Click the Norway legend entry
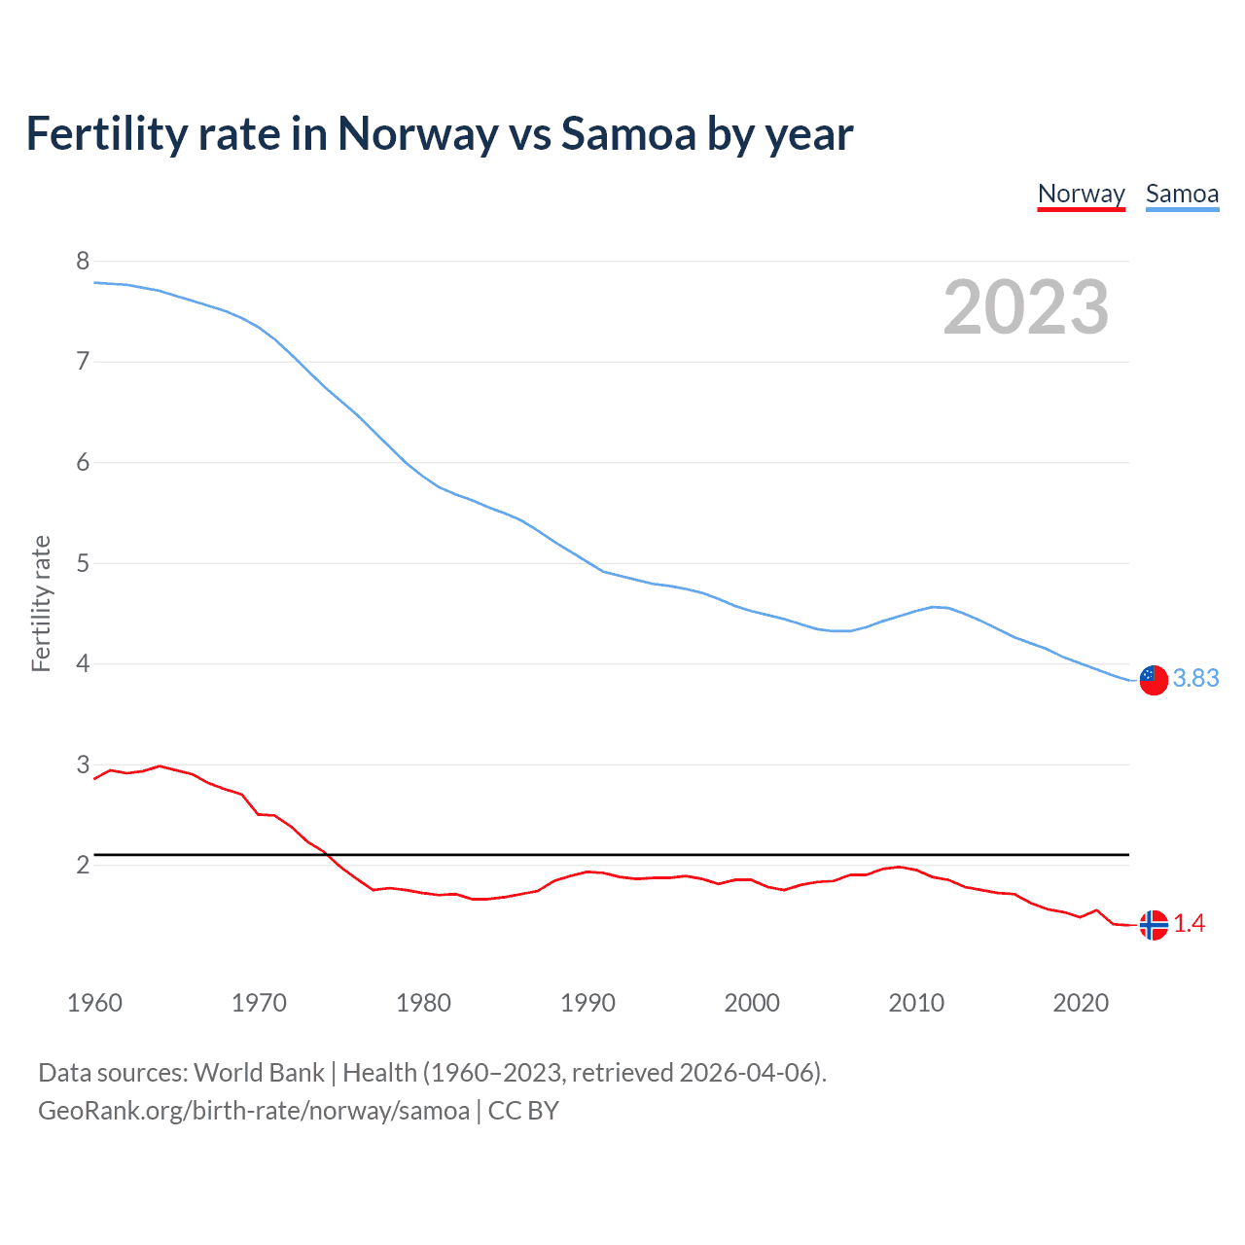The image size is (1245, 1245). click(x=1081, y=194)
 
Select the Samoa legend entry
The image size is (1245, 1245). click(x=1182, y=194)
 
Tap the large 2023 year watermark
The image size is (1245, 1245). click(x=1026, y=307)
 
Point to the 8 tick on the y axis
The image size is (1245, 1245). click(x=83, y=261)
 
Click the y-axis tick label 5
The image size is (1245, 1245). click(x=83, y=563)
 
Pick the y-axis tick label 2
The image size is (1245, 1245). click(x=83, y=865)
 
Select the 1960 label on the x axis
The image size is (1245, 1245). click(x=94, y=1003)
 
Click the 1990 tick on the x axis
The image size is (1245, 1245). click(x=587, y=1003)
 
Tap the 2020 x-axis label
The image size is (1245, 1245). click(x=1081, y=1003)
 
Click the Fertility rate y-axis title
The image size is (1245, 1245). click(x=41, y=603)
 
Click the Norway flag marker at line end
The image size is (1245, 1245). click(x=1154, y=925)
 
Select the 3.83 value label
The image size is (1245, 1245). click(x=1195, y=678)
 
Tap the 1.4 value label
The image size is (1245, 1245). click(x=1189, y=924)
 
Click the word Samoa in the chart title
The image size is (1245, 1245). click(x=628, y=133)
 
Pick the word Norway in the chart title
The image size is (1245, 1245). click(x=417, y=133)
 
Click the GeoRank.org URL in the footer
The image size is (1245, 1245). click(x=254, y=1111)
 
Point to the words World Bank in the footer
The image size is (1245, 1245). click(x=259, y=1073)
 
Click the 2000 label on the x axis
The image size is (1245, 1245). click(x=752, y=1003)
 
